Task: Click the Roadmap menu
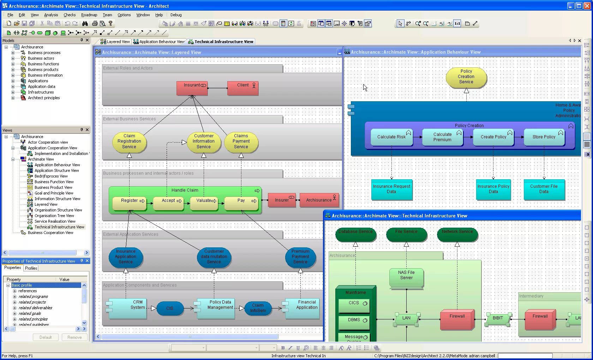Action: [x=89, y=15]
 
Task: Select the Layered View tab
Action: [x=115, y=42]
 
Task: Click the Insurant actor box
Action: [x=192, y=88]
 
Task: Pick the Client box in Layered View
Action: [x=243, y=88]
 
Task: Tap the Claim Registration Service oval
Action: [x=129, y=142]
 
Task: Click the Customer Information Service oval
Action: [x=204, y=142]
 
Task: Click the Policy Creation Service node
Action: [x=466, y=77]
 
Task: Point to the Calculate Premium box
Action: [x=442, y=137]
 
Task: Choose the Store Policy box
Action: [x=544, y=137]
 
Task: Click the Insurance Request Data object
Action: [x=391, y=190]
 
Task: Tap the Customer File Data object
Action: [x=544, y=190]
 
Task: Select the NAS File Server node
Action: [x=406, y=278]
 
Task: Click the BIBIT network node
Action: [x=498, y=318]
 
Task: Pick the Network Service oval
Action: [x=457, y=234]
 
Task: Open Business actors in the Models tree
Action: [x=41, y=58]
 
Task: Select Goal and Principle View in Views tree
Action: [x=54, y=193]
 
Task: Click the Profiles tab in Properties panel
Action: [x=31, y=268]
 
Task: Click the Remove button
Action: [x=74, y=337]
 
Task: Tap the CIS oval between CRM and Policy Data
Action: [x=170, y=308]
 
